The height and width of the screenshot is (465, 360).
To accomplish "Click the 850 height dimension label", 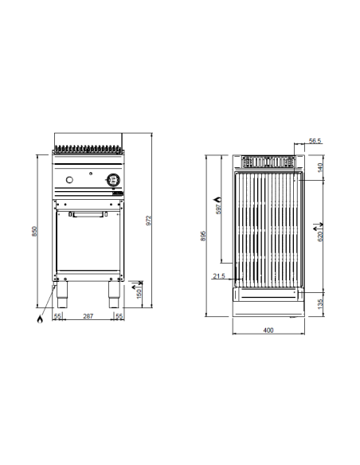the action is click(x=35, y=232).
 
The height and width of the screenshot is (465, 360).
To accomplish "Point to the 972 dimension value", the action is click(x=149, y=221).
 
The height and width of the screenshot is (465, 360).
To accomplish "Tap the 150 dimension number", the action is click(x=139, y=294).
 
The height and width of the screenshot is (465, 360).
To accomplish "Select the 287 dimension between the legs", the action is click(x=88, y=316).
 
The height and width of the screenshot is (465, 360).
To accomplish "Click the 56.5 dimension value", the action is click(x=315, y=141).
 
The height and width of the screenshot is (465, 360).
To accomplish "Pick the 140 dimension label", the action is click(x=319, y=168).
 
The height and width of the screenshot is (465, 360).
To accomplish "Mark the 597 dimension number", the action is click(x=219, y=209).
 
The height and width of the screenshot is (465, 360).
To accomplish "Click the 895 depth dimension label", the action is click(x=203, y=236).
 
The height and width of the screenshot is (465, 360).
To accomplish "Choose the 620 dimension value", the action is click(x=320, y=236).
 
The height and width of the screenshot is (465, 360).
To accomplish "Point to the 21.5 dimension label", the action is click(x=219, y=276).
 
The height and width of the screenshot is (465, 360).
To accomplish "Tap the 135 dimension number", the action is click(x=319, y=304).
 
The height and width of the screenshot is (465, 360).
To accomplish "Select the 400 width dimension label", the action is click(x=268, y=330).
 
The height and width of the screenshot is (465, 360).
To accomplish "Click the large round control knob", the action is click(x=113, y=179).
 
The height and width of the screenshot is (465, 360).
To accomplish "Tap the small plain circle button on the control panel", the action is click(x=69, y=179).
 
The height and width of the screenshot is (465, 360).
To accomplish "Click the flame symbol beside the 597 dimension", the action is click(x=219, y=199).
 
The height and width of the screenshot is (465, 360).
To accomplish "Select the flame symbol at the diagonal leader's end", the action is click(x=40, y=319).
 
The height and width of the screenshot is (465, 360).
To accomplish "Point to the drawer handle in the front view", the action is click(x=88, y=214).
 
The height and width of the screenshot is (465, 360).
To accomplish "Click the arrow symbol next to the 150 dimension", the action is click(x=137, y=285).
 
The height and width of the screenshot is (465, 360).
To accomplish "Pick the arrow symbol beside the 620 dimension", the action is click(x=319, y=227).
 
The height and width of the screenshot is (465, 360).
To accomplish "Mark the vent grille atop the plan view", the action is click(x=268, y=162).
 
